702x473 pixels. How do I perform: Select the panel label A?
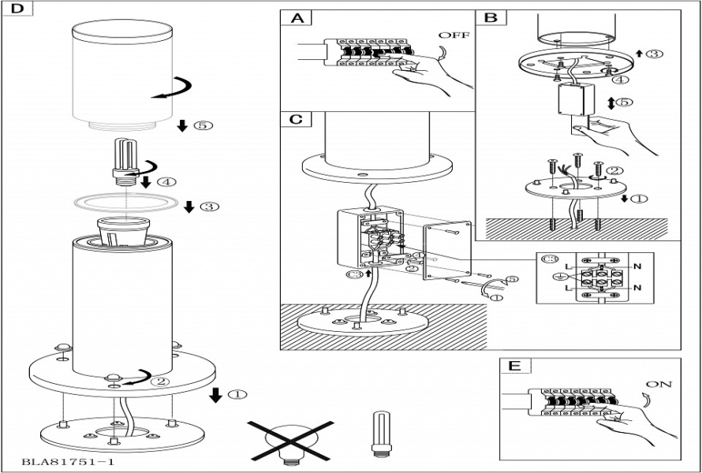(297, 19)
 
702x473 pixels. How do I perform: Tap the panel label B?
(491, 17)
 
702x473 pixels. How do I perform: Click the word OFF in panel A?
(454, 35)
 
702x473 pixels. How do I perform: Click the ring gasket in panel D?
(125, 202)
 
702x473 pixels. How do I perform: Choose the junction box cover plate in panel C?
(448, 249)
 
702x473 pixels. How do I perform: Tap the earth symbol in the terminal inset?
(559, 276)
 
